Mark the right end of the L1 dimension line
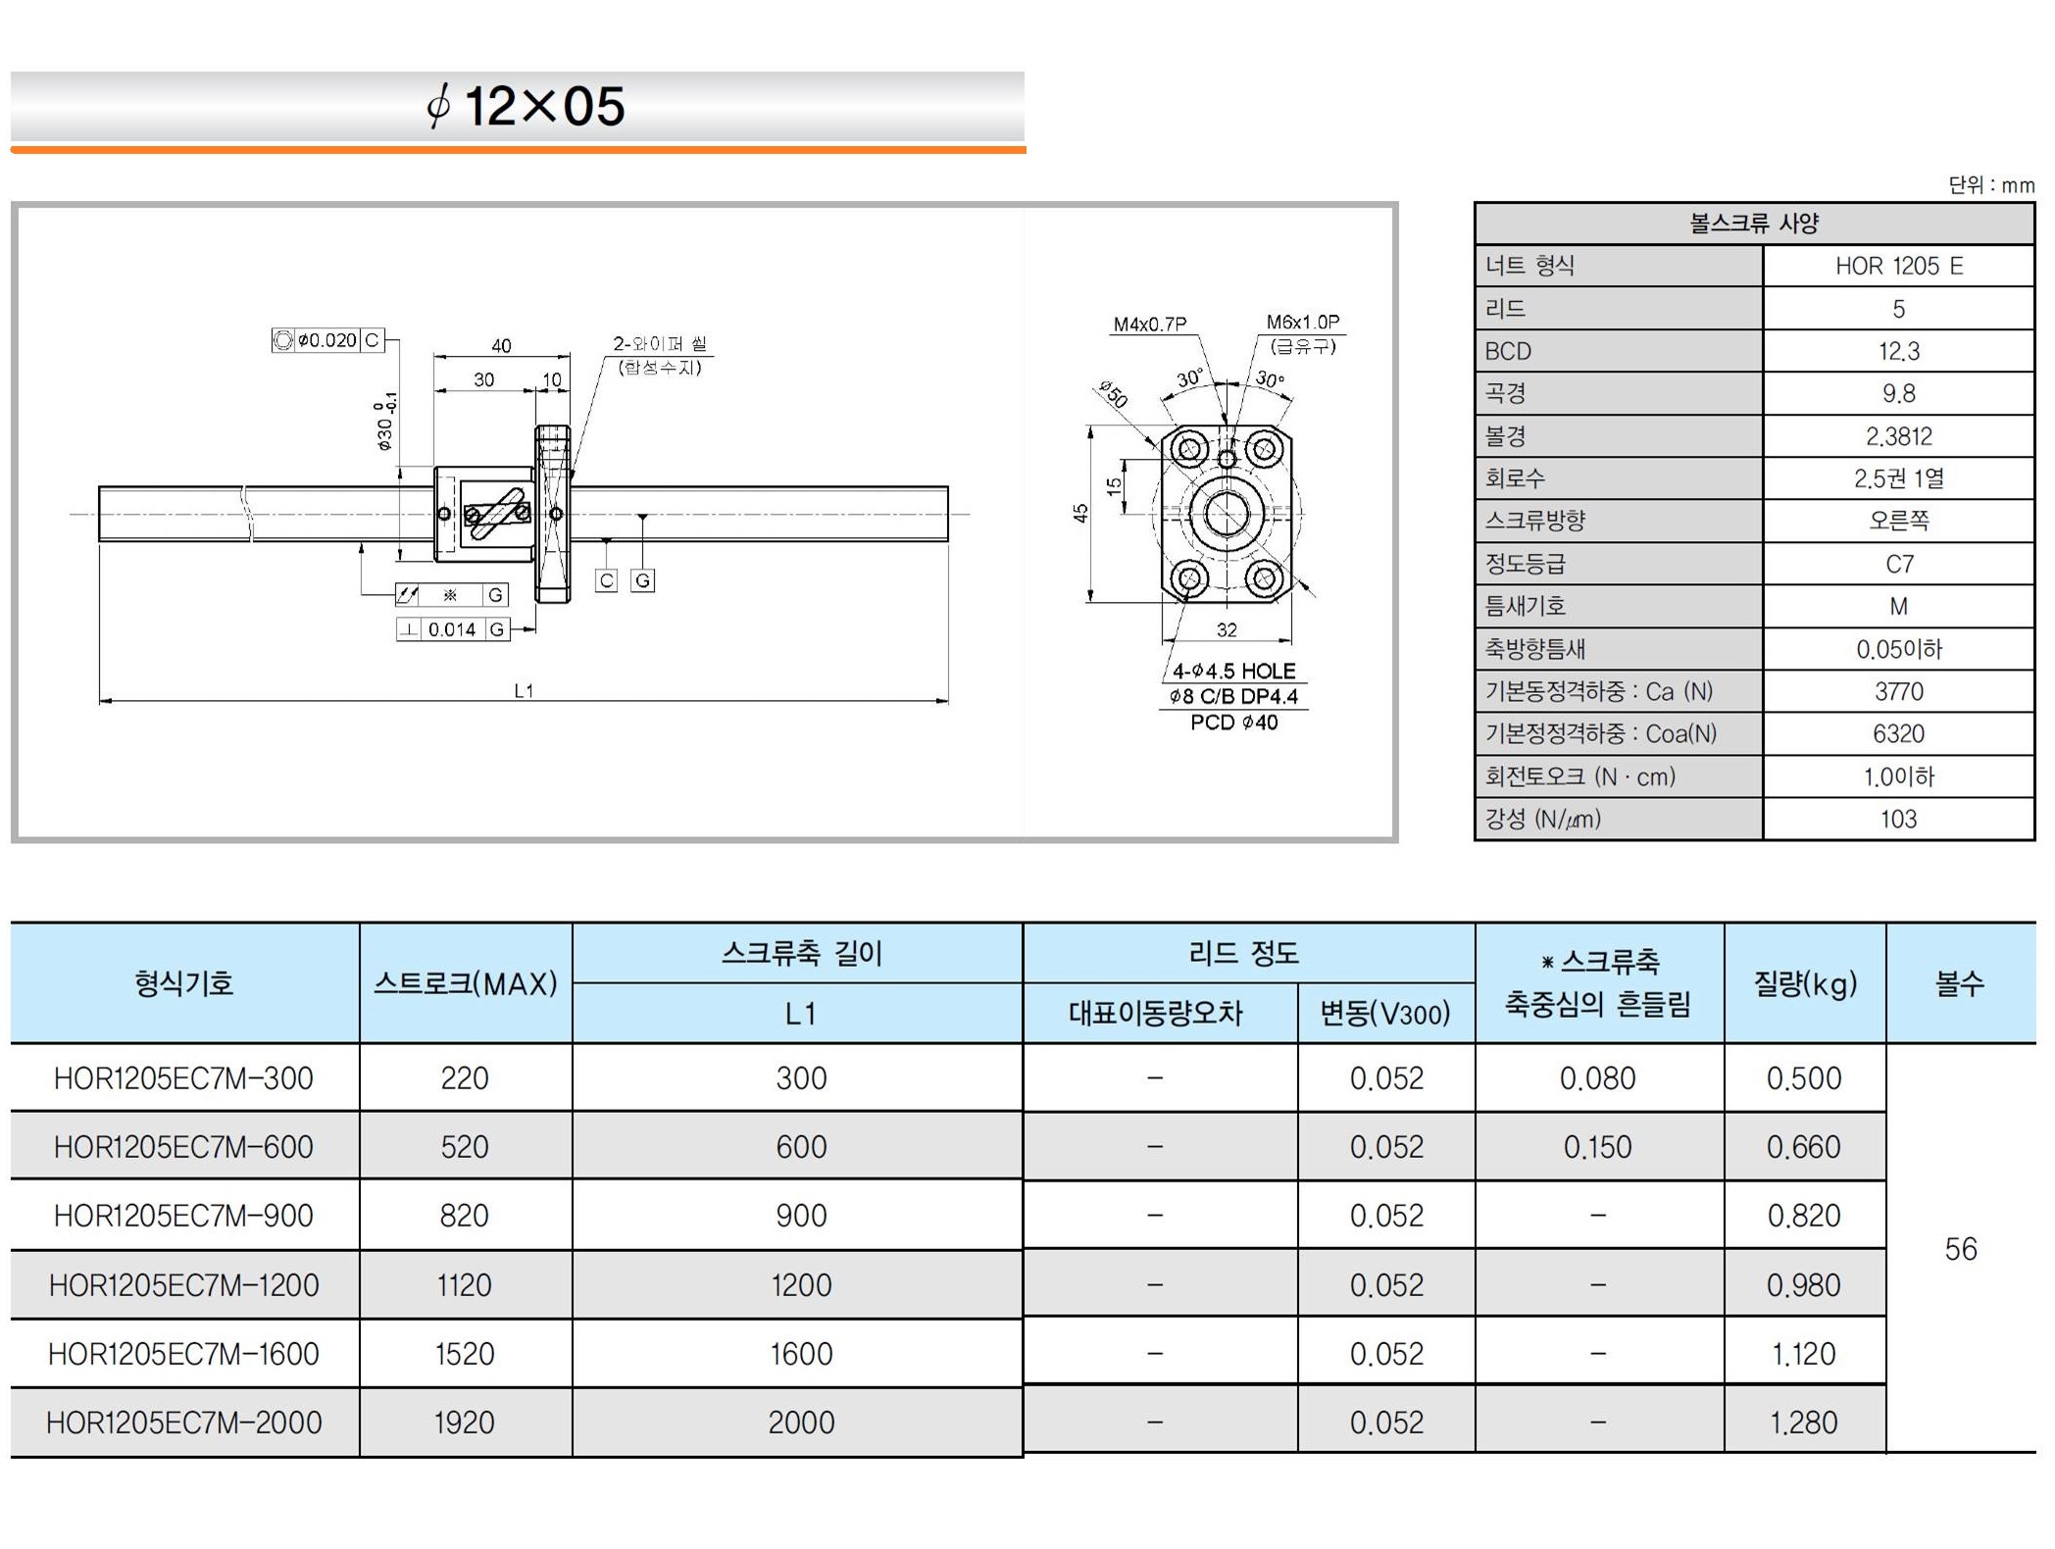[948, 701]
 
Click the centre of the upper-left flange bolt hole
[1189, 450]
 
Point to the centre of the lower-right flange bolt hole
[1264, 577]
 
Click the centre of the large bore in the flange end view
[1227, 514]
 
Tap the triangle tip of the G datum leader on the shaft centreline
[642, 516]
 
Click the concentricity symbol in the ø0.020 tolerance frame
[282, 340]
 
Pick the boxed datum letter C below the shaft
[607, 580]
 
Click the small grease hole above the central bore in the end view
[1227, 459]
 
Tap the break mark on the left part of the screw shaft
[247, 513]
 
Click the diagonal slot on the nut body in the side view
[496, 514]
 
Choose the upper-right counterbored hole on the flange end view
[1264, 450]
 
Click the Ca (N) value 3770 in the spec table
[1898, 692]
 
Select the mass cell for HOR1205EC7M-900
[1804, 1216]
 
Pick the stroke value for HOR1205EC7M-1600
[464, 1354]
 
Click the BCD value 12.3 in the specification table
[1898, 351]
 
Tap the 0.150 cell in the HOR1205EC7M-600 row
[1598, 1147]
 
